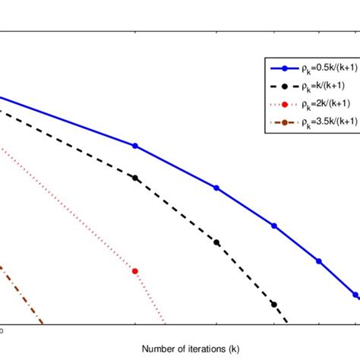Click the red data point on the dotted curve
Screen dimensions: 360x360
(x=135, y=270)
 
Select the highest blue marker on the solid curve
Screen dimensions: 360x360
(x=135, y=145)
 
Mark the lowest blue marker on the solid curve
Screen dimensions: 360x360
(x=355, y=295)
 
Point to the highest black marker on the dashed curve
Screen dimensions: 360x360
(x=135, y=178)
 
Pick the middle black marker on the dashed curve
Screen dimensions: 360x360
(x=216, y=242)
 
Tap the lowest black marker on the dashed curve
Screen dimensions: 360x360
(x=274, y=304)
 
